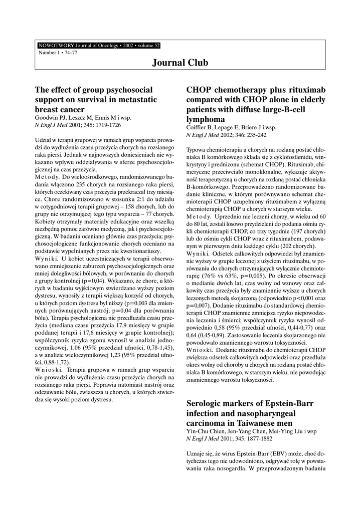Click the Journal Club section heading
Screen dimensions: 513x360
[180, 63]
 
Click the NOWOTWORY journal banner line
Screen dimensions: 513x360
[99, 46]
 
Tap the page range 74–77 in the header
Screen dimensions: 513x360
[63, 52]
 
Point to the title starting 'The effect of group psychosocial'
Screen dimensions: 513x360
[93, 90]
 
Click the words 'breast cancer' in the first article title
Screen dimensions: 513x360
[59, 109]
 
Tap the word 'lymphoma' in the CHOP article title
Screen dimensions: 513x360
[206, 119]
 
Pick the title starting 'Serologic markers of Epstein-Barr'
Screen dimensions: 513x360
[249, 403]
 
